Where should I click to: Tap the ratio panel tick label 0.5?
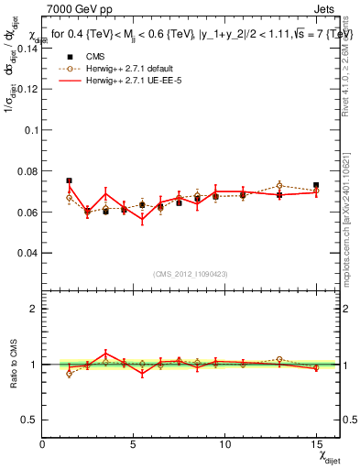pyautogui.click(x=30, y=420)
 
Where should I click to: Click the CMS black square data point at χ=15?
pyautogui.click(x=316, y=185)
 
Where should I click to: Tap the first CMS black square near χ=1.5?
pyautogui.click(x=70, y=180)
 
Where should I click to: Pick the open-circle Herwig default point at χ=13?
pyautogui.click(x=279, y=186)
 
